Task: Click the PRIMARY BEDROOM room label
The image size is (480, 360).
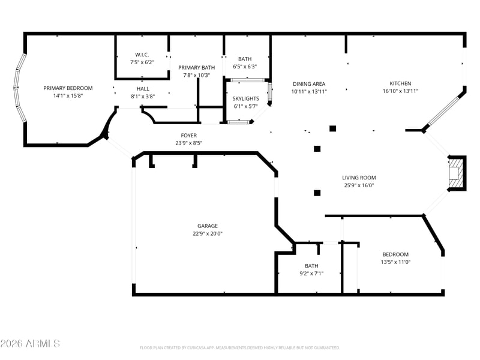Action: pyautogui.click(x=68, y=88)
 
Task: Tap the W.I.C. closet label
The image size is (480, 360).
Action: pyautogui.click(x=142, y=55)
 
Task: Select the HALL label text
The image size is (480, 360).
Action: pyautogui.click(x=142, y=88)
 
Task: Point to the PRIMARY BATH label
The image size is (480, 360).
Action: pyautogui.click(x=196, y=68)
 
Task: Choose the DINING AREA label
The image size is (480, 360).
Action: pyautogui.click(x=309, y=84)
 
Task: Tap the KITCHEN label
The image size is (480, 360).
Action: pyautogui.click(x=400, y=84)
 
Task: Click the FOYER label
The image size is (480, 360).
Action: pyautogui.click(x=189, y=136)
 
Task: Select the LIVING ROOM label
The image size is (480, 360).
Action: pyautogui.click(x=359, y=178)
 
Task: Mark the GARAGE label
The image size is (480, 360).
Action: pyautogui.click(x=208, y=226)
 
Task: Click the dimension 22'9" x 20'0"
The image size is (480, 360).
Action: pyautogui.click(x=208, y=234)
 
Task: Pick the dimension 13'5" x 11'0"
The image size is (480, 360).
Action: pyautogui.click(x=395, y=262)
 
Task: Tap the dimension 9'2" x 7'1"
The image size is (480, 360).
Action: pyautogui.click(x=311, y=273)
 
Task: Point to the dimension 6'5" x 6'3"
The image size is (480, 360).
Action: pyautogui.click(x=245, y=67)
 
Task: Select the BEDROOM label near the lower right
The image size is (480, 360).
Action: pyautogui.click(x=395, y=254)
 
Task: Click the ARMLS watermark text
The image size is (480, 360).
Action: pyautogui.click(x=30, y=344)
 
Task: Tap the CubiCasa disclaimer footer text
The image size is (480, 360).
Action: pyautogui.click(x=240, y=347)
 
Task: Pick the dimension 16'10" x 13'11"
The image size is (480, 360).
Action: pyautogui.click(x=400, y=91)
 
